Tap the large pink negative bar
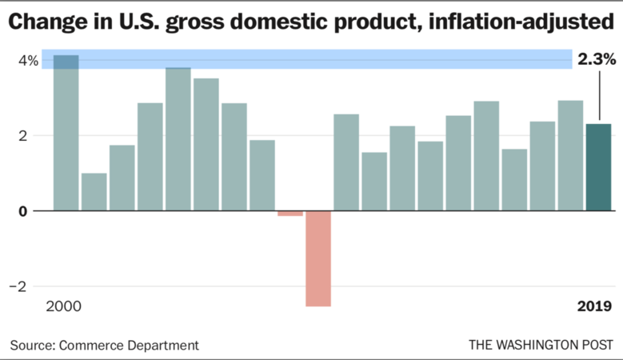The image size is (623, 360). coord(317,258)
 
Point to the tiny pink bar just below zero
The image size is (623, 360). coord(290,213)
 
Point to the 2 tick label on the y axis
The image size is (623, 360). coord(33,136)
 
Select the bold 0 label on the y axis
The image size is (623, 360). coord(33,211)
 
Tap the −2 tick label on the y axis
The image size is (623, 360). coord(28,286)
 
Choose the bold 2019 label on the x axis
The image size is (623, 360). coord(595,307)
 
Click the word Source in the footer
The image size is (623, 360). coord(30,345)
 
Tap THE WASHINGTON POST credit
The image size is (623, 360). coord(541,345)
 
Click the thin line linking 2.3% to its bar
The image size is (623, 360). coord(598,96)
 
